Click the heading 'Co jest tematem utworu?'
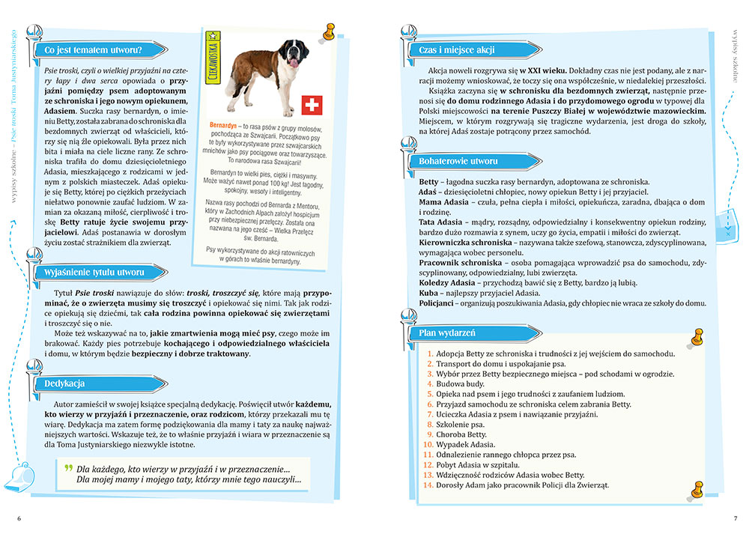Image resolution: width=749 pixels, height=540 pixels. (x=93, y=51)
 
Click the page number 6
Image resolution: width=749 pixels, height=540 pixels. (x=19, y=518)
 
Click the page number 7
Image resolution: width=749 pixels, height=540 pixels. (x=735, y=518)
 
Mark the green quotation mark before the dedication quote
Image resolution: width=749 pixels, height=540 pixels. (x=69, y=467)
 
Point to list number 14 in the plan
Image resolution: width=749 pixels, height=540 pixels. (x=428, y=485)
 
